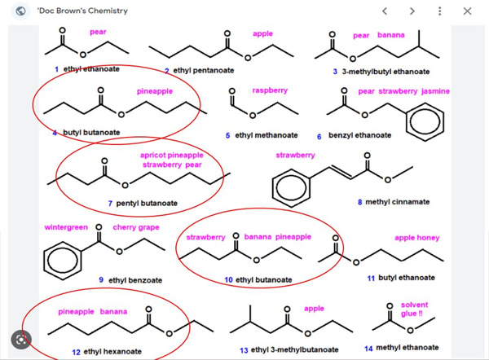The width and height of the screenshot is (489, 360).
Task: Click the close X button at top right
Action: click(467, 11)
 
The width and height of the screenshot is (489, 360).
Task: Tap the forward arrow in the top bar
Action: click(412, 11)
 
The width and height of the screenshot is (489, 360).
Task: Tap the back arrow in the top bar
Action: click(385, 11)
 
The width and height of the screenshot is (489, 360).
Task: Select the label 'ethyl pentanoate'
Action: click(201, 71)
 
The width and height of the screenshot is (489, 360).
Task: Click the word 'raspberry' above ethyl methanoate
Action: click(270, 90)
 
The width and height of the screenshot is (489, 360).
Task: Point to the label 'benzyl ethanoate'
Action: click(357, 135)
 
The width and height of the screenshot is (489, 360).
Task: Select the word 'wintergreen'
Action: click(66, 227)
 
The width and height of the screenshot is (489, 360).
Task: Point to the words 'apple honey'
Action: click(417, 238)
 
